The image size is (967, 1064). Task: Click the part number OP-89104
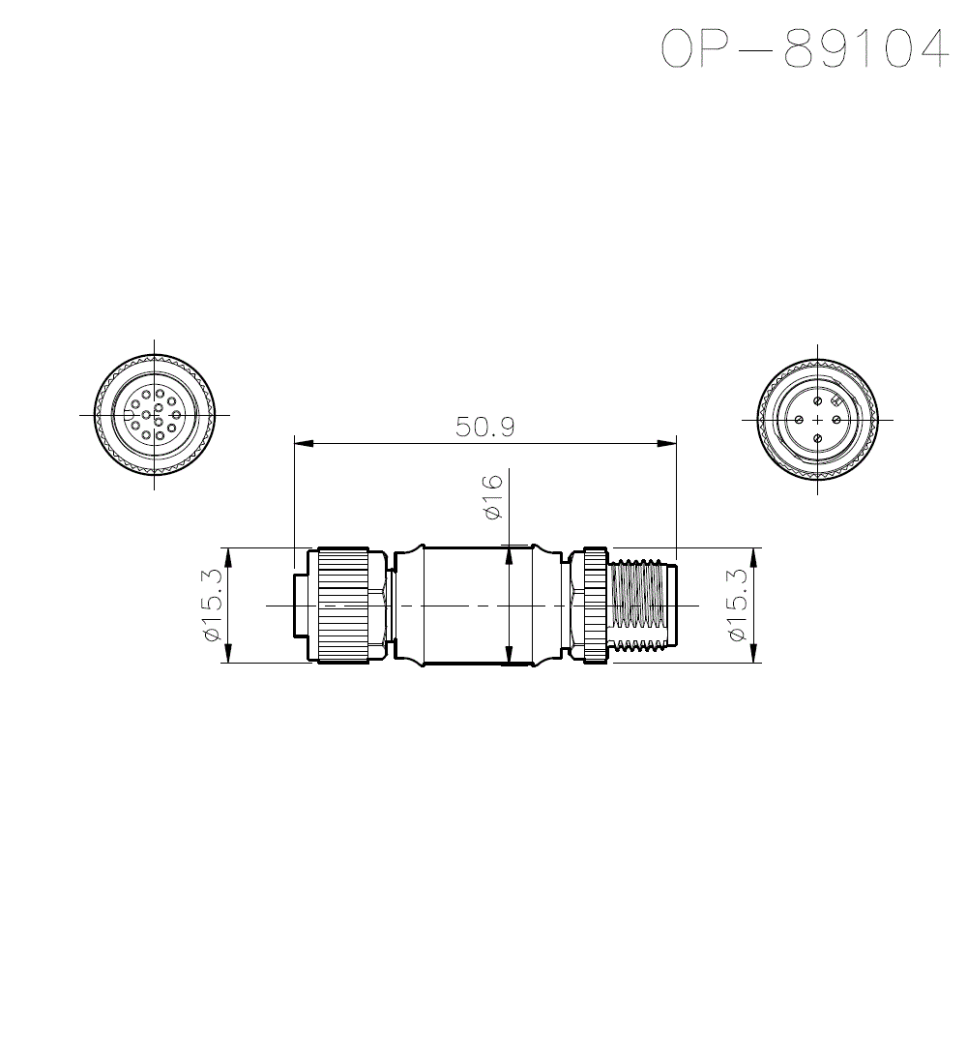(803, 48)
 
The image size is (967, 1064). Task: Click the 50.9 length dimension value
(485, 427)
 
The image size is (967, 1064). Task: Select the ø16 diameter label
(492, 496)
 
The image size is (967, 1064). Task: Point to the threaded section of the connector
(640, 605)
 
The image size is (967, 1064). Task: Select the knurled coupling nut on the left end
(342, 605)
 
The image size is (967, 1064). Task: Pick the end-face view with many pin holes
(155, 414)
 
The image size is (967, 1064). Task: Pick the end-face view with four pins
(817, 420)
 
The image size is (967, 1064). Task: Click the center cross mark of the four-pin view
(817, 420)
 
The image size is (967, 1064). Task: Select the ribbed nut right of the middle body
(591, 605)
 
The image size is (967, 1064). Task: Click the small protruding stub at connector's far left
(301, 605)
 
